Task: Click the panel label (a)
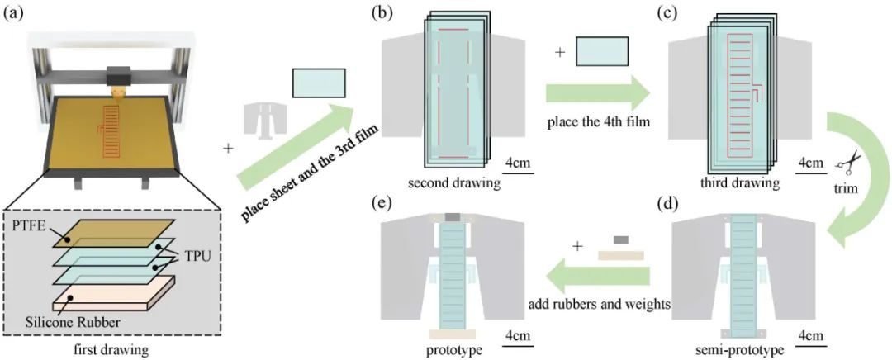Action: tap(15, 14)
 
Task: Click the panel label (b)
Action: tap(387, 14)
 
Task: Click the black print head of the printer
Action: tap(121, 74)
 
